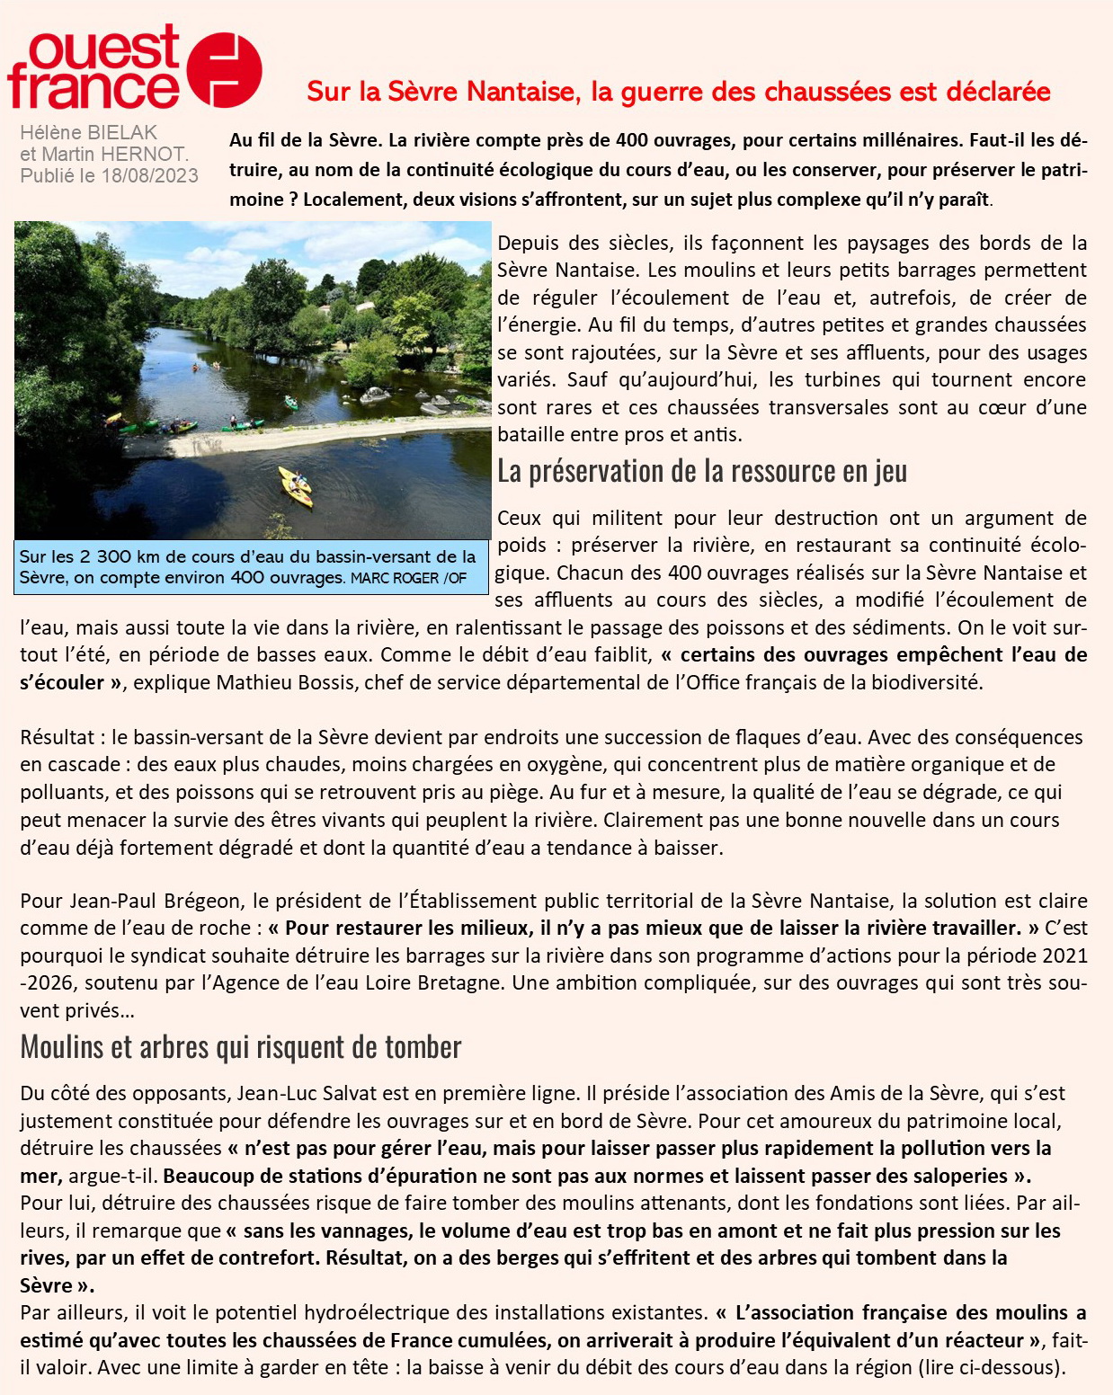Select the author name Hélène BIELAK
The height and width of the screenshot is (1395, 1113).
tap(89, 133)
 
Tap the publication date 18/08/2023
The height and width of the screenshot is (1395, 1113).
tap(150, 175)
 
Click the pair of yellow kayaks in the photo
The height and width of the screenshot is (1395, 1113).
tap(296, 485)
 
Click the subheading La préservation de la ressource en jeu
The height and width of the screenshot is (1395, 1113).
tap(702, 471)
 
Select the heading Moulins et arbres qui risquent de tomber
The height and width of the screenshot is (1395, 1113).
tap(241, 1046)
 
